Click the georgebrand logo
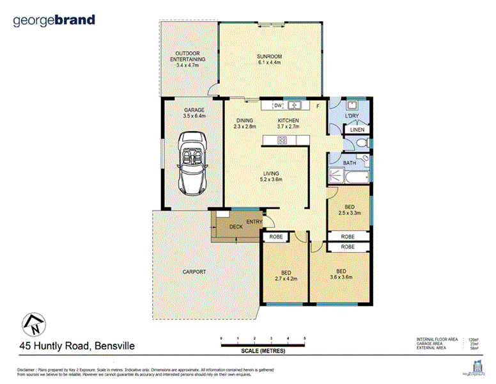coord(54,20)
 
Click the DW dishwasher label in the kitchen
coord(277,106)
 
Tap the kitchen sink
coord(295,106)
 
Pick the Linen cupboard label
coord(357,130)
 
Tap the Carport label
coord(195,272)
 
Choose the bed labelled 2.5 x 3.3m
coord(350,210)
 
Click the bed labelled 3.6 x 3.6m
coord(340,274)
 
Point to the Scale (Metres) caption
coord(263,351)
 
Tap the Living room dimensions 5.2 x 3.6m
coord(272,180)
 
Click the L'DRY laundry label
coord(352,116)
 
